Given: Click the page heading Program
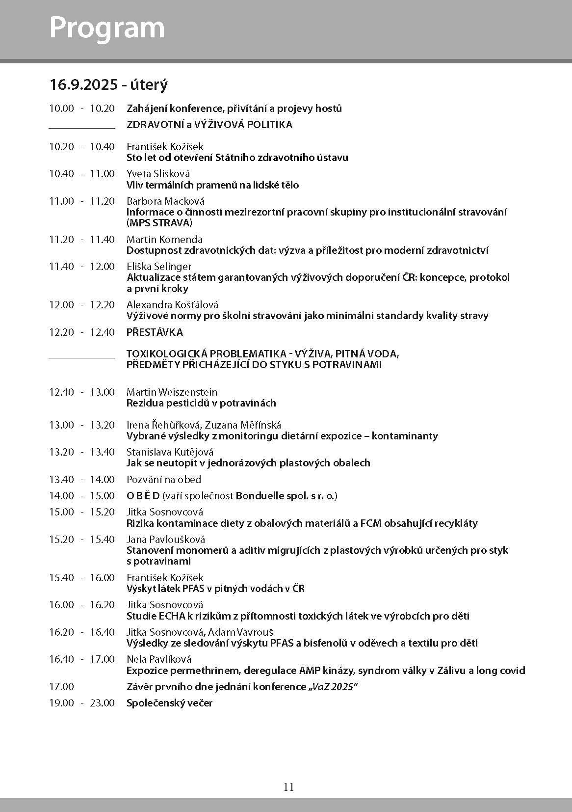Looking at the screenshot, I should (107, 28).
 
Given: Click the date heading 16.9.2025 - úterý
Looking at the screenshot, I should (108, 84).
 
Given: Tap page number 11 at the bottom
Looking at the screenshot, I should (288, 787).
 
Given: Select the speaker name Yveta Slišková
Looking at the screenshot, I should (158, 174).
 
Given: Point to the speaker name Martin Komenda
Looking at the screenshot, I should (164, 240).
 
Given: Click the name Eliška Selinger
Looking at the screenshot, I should (159, 267).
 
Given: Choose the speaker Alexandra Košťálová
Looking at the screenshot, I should (173, 305).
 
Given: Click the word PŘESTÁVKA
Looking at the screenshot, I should (155, 332).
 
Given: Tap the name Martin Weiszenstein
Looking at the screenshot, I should (172, 392).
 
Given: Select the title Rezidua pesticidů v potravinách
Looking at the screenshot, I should (201, 403).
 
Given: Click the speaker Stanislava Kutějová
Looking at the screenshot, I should (170, 452).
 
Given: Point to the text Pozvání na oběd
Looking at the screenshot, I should (164, 480).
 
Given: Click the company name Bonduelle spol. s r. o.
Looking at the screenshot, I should (286, 496).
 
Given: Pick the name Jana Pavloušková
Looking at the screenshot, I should (166, 540).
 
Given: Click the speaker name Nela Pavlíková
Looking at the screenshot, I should (159, 659).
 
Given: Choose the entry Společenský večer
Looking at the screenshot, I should (169, 703).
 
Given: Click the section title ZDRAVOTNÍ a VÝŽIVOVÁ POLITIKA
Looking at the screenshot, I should (209, 125).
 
